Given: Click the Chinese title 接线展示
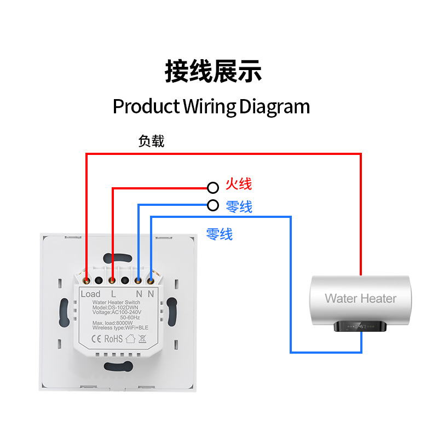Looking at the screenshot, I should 213,72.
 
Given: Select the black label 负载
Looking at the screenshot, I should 151,142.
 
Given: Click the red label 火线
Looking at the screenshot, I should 239,185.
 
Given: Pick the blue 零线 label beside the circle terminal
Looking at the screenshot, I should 239,207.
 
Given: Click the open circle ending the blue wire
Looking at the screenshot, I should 213,206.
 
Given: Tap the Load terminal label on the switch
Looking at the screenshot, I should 90,294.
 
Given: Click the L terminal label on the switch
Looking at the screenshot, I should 113,294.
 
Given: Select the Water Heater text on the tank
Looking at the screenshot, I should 360,298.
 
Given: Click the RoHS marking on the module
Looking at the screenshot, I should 113,339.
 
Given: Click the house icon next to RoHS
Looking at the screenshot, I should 130,339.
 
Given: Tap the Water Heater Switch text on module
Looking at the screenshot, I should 116,302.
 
